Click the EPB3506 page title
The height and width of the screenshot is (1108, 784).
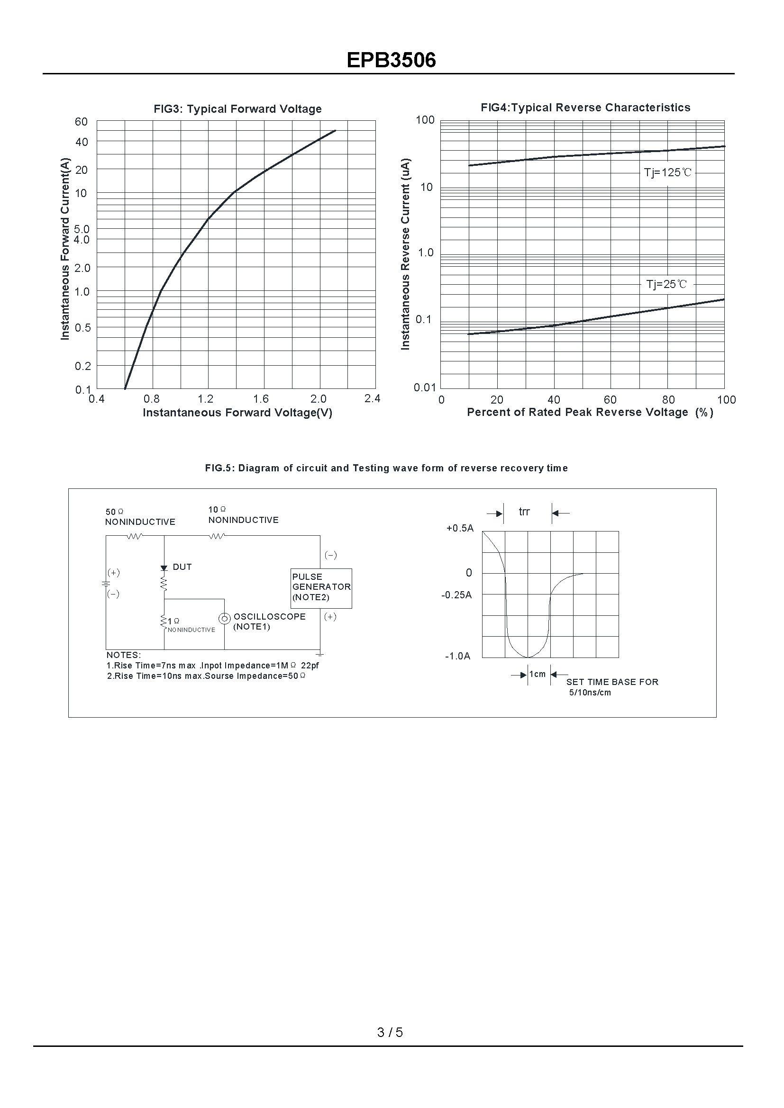coord(391,60)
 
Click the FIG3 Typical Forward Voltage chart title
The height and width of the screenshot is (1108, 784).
coord(237,109)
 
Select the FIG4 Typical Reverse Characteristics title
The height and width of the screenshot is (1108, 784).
coord(585,108)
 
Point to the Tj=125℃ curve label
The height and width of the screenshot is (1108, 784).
coord(667,172)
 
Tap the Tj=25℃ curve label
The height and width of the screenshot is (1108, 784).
coord(666,284)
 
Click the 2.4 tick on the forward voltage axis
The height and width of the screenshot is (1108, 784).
coord(372,398)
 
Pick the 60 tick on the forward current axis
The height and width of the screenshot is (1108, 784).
coord(81,122)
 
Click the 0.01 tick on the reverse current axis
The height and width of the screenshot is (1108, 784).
coord(424,387)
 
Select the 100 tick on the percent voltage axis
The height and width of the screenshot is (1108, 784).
coord(726,400)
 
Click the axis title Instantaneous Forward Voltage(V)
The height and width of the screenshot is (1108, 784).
coord(237,413)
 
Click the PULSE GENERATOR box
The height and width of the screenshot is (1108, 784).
coord(321,588)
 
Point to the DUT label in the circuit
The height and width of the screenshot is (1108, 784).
coord(182,567)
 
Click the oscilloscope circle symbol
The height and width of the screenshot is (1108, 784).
coord(225,618)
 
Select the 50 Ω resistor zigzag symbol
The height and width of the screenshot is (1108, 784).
coord(135,536)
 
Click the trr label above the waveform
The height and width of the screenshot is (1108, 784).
coord(524,512)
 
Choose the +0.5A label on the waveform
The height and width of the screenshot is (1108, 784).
coord(460,529)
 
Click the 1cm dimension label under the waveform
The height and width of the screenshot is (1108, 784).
coord(538,674)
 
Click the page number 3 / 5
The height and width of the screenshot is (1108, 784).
coord(390,1032)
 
